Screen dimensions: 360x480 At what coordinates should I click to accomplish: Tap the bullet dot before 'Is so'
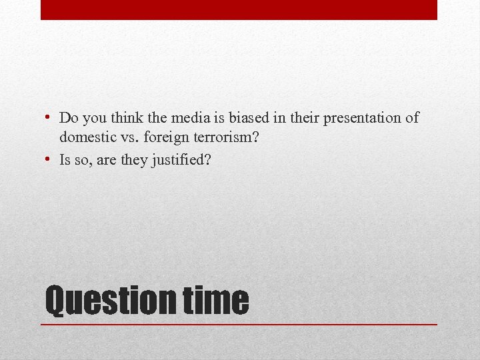point(49,160)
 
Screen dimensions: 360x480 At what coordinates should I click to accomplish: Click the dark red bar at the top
point(239,9)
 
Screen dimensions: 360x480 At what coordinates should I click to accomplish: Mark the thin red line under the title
point(239,324)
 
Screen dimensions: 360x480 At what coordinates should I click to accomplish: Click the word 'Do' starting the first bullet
point(67,119)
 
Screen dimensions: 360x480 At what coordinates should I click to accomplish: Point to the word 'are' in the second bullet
point(107,160)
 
